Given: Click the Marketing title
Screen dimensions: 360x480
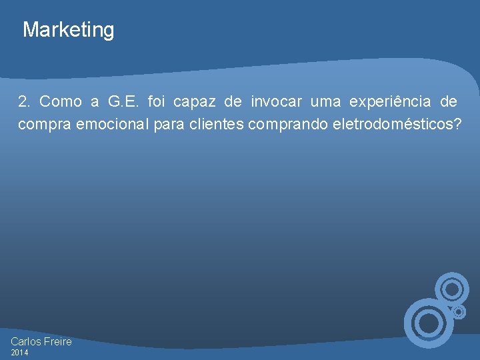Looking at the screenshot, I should coord(69,30).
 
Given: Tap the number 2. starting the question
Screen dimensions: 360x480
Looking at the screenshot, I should coord(25,102).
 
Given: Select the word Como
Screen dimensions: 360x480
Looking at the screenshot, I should coord(61,102).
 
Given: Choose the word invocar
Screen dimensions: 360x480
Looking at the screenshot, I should coord(277,102).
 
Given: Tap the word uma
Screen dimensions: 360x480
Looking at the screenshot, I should coord(325,102).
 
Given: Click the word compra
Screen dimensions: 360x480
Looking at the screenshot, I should coord(40,125).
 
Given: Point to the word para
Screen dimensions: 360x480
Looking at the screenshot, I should coord(169,125).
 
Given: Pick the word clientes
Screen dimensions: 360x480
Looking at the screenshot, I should coord(217,125).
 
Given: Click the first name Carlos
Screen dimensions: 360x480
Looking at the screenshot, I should coord(26,341).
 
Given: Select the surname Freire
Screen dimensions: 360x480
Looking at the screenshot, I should coord(58,341).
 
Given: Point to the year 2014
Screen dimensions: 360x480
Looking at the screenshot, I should coord(19,353).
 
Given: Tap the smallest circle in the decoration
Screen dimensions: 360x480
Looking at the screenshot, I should coord(458,311).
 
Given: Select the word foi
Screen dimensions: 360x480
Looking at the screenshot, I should coord(155,102).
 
